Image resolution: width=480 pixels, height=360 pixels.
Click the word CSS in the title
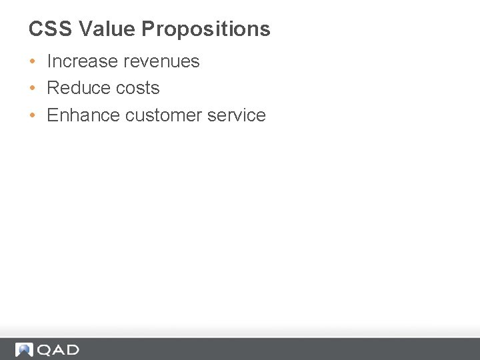pos(51,29)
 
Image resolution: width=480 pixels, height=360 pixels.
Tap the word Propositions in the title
pos(206,29)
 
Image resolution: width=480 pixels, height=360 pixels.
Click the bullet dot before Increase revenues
pos(32,61)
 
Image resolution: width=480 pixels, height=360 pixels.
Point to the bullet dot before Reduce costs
pos(32,88)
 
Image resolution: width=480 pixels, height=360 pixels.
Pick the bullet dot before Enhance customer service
pos(32,115)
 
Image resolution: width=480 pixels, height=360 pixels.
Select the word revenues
pos(163,61)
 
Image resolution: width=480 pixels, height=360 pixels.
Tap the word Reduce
pos(76,88)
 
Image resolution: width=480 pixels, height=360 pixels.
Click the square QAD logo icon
pos(25,349)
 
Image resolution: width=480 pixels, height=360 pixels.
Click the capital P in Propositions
pos(148,29)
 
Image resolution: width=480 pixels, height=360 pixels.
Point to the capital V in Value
pos(85,29)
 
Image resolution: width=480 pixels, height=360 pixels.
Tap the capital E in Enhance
pos(52,115)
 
